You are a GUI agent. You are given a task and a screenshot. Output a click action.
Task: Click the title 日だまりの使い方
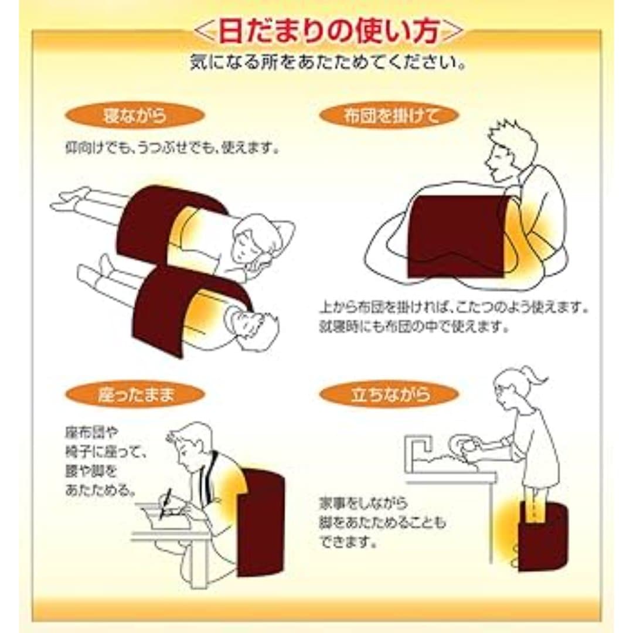pos(328,32)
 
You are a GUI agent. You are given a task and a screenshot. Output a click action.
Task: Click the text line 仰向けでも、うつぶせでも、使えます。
pos(171,148)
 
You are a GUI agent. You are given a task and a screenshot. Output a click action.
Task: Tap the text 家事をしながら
pos(363,503)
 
